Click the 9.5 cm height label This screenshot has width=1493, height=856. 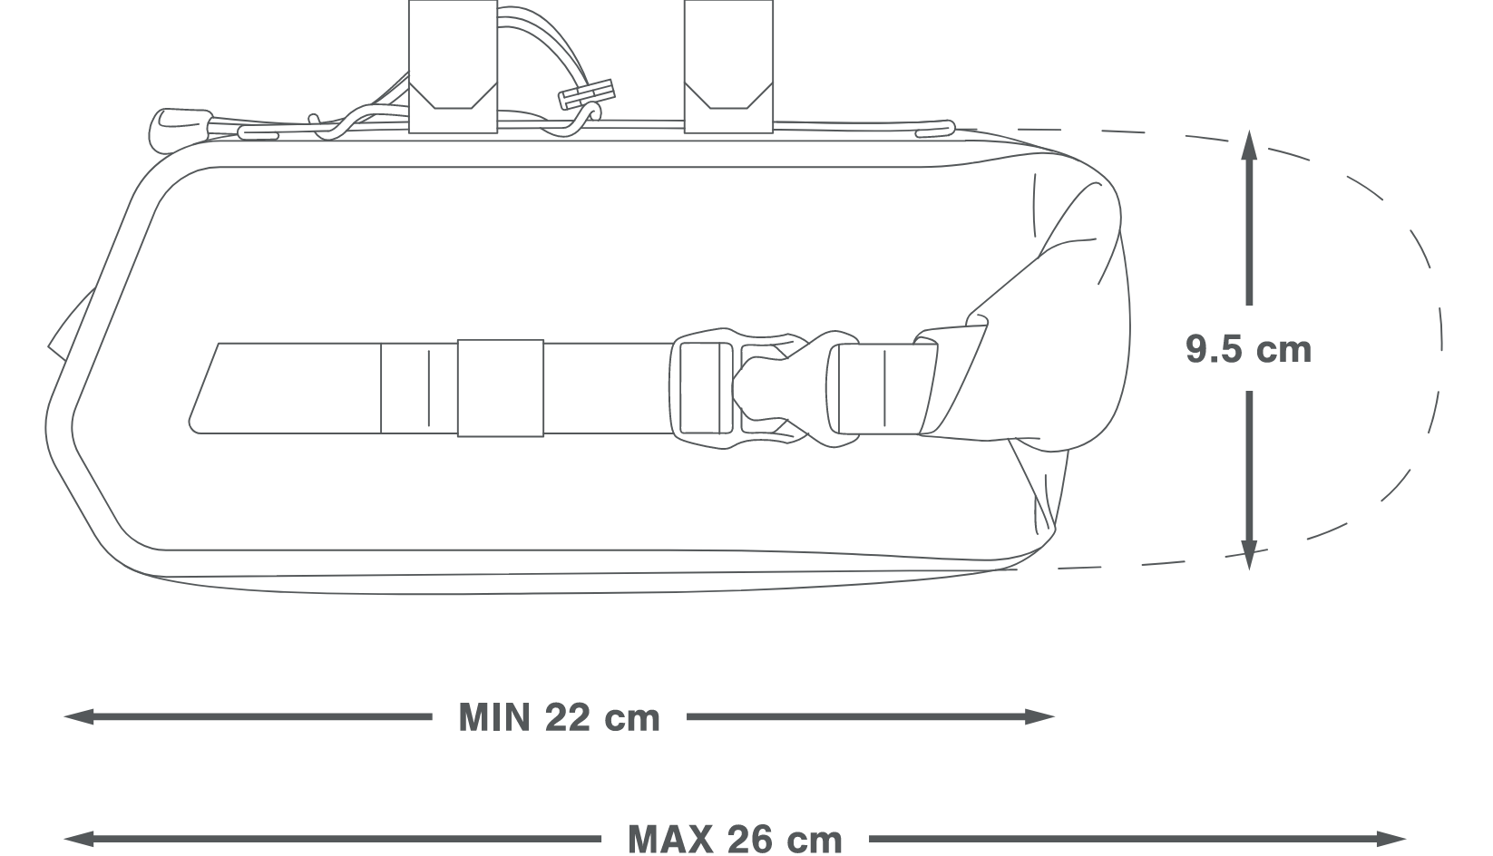click(x=1248, y=349)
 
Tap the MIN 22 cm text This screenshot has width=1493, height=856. click(x=560, y=717)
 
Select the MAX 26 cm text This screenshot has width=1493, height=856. click(x=735, y=838)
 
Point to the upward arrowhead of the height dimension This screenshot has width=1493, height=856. click(x=1249, y=145)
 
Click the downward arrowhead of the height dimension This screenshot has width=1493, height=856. click(x=1249, y=554)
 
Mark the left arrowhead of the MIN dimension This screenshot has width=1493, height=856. click(x=79, y=716)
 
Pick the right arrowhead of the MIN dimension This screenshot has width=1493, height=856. click(x=1039, y=716)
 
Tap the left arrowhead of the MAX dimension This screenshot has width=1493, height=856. click(x=79, y=838)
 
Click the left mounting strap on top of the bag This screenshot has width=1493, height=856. click(x=454, y=66)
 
